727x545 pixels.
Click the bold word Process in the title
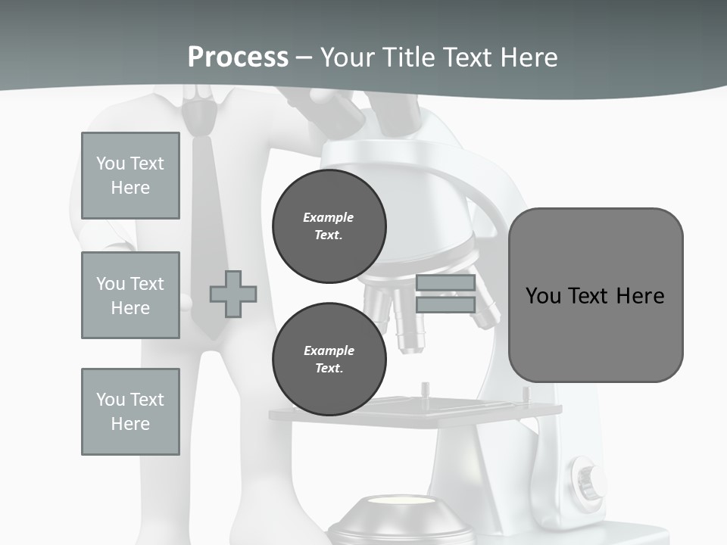tap(238, 57)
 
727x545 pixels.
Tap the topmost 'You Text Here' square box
tap(130, 176)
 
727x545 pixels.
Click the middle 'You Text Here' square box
tap(130, 295)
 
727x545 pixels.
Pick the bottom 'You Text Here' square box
tap(130, 412)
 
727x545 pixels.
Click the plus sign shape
tap(233, 294)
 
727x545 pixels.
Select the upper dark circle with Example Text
tap(329, 226)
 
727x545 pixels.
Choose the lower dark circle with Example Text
tap(329, 360)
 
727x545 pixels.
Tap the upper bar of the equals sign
tap(445, 283)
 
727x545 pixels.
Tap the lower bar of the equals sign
tap(445, 305)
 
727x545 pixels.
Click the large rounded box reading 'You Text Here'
tap(595, 295)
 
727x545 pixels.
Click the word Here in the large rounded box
tap(640, 296)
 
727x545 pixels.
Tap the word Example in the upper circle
tap(329, 217)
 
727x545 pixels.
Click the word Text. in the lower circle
tap(329, 369)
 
